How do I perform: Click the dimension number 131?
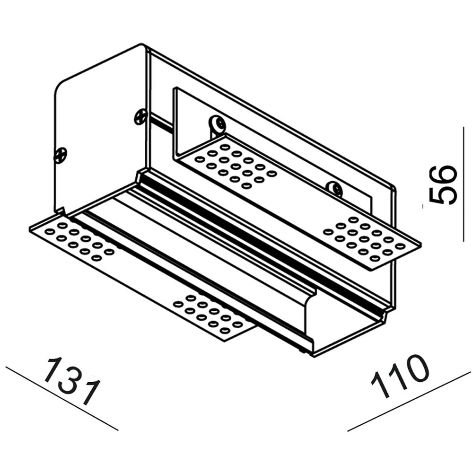(71, 381)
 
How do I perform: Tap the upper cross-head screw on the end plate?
(140, 117)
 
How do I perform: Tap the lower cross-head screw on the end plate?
(60, 155)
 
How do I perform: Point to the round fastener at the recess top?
(218, 123)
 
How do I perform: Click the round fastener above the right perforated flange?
(334, 189)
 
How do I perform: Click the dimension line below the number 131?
(62, 398)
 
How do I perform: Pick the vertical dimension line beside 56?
(463, 184)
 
